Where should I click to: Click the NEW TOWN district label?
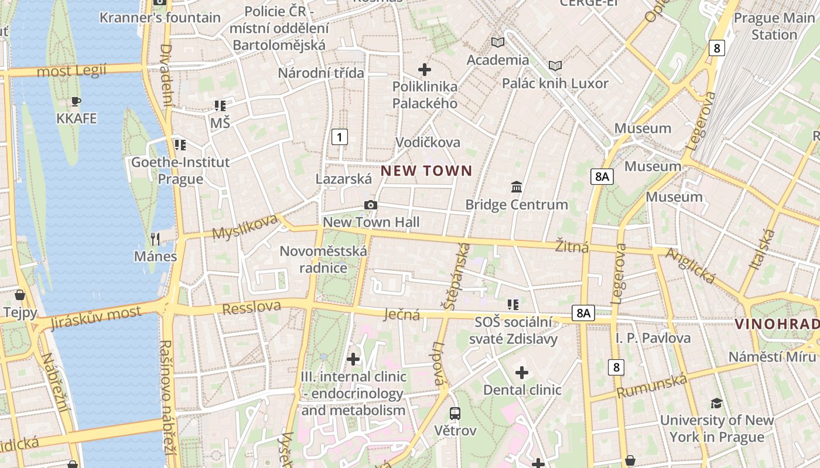point(426,171)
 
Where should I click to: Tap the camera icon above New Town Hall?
point(370,205)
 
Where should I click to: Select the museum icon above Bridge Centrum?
point(517,187)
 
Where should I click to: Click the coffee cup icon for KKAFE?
point(76,102)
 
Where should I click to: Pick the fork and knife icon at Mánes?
point(155,239)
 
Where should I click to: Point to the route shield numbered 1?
point(340,137)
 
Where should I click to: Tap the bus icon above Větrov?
point(455,414)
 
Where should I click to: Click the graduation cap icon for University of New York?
point(716,403)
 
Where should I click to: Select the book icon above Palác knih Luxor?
point(555,66)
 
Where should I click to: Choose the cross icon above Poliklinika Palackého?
point(425,70)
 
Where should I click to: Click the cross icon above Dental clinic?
point(521,373)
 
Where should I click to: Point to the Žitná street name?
point(572,247)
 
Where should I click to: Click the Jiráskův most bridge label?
point(96,318)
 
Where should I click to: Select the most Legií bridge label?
point(71,71)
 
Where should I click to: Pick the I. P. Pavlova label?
point(653,338)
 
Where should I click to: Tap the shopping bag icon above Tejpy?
point(20,294)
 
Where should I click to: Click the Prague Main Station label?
point(774,26)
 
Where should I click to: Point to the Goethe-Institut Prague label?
point(180,170)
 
